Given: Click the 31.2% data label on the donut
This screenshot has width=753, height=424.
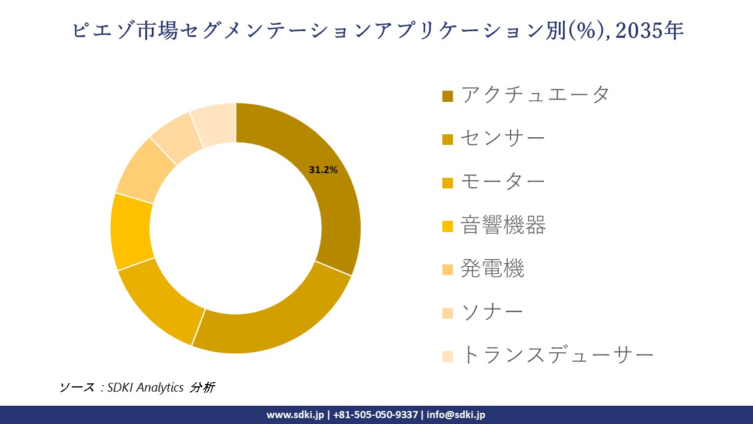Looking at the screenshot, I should point(323,170).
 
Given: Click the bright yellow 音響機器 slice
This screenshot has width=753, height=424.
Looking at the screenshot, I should point(131,231).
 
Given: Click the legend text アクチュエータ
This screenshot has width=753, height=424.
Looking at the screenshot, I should point(535,94).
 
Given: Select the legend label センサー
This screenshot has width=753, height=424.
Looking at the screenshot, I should point(503,138).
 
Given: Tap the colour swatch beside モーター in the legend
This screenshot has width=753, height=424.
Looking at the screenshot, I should point(448,183).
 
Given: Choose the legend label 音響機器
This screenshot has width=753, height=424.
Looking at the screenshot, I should point(504,225).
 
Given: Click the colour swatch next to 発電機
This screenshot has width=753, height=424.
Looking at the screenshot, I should point(448,270).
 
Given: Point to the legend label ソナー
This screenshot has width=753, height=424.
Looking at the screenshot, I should point(492,312).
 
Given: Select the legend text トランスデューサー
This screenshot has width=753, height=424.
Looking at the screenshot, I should point(557,355).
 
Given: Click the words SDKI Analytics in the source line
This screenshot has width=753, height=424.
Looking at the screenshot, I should point(146,387).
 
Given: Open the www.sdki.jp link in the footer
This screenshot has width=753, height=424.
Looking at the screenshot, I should point(295,415).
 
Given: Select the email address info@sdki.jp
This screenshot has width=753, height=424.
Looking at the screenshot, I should point(456,415).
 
